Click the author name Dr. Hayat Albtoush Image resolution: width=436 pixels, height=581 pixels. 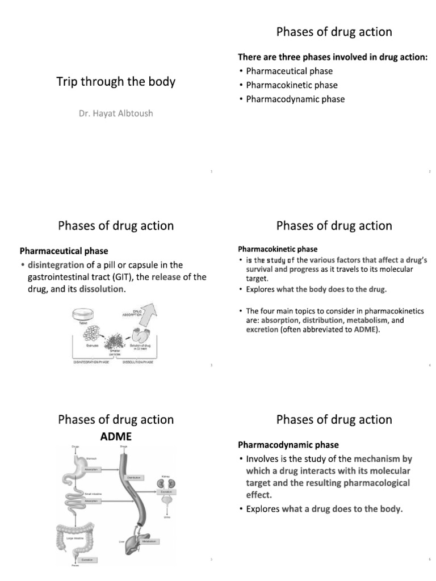(115, 113)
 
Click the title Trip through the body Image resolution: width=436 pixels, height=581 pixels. (116, 82)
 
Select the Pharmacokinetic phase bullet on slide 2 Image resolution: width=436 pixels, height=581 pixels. (291, 85)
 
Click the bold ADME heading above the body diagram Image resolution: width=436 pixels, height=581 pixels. (116, 436)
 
